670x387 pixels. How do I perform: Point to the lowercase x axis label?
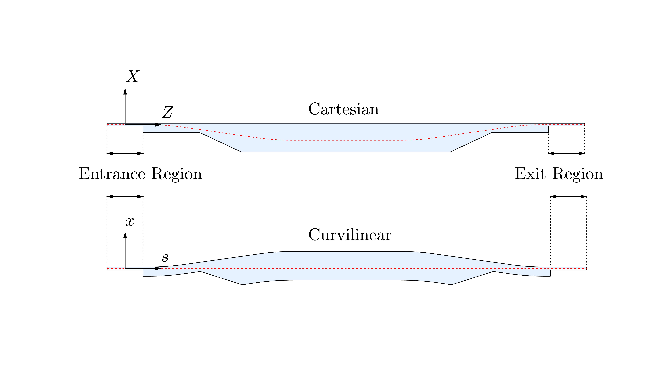click(130, 222)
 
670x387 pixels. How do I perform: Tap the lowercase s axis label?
click(165, 257)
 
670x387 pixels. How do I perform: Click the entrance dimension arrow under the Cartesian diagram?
click(125, 153)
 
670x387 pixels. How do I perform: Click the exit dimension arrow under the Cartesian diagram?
click(566, 153)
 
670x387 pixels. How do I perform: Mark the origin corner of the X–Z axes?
click(125, 124)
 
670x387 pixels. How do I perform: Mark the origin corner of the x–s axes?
click(125, 268)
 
